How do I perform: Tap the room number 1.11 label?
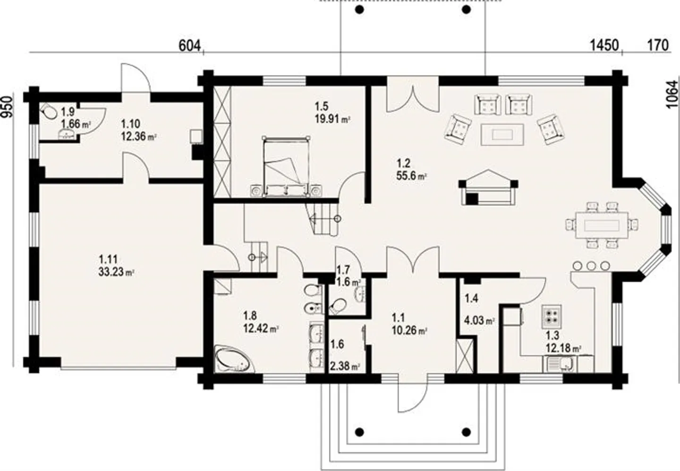pos(108,259)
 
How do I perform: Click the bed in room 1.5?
pos(286,166)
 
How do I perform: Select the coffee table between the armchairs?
pos(501,135)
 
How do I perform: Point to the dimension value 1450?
pos(604,45)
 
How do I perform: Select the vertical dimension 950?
pos(6,107)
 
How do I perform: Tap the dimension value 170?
pos(658,45)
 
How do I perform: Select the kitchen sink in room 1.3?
pos(561,364)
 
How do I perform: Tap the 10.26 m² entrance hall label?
pos(409,330)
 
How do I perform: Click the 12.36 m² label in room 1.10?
pos(138,137)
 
